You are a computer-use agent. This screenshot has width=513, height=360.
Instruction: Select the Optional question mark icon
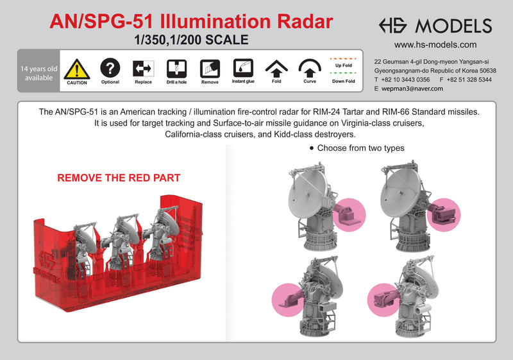[110, 67]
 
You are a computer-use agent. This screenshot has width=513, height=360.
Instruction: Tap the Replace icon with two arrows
[143, 68]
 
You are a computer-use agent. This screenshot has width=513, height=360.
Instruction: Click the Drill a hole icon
[176, 68]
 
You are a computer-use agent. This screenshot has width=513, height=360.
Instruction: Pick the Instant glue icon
[243, 67]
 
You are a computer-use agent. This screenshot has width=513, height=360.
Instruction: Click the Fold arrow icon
[276, 68]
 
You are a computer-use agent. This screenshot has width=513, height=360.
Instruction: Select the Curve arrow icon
[310, 68]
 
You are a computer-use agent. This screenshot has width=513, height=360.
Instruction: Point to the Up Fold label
[343, 65]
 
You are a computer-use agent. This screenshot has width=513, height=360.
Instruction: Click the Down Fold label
[343, 81]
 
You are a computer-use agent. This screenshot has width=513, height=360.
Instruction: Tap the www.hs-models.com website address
[435, 45]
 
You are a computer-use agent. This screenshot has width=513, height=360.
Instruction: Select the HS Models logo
[435, 25]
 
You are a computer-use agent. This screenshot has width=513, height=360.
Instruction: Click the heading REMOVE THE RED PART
[119, 178]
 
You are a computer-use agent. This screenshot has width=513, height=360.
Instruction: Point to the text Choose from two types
[361, 148]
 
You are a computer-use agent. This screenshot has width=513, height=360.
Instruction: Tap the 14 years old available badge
[38, 73]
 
